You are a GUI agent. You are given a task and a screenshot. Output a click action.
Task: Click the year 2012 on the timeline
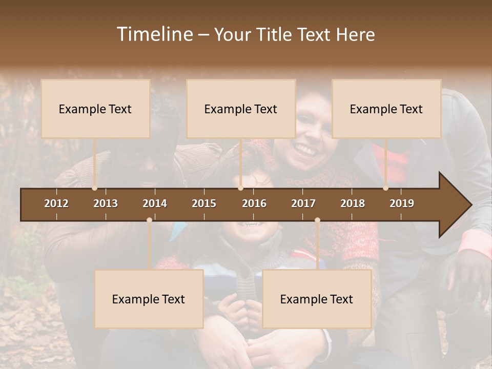pos(56,203)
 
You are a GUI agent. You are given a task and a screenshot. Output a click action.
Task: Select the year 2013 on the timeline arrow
pos(106,203)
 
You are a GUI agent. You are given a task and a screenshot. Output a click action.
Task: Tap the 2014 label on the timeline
pos(155,203)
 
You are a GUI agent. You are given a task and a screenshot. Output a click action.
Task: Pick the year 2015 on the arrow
pos(204,203)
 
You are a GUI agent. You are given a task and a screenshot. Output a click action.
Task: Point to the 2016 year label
pos(254,203)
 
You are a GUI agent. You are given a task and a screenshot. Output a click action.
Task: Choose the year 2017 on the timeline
pos(303,203)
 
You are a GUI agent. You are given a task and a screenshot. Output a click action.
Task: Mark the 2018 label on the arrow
pos(353,203)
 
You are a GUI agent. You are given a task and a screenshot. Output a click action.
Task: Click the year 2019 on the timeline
pos(402,203)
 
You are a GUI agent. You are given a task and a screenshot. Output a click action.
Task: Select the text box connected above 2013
pos(95,109)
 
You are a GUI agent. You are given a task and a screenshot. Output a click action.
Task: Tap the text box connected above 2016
pos(241,109)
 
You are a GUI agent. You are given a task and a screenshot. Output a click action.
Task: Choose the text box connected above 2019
pos(386,109)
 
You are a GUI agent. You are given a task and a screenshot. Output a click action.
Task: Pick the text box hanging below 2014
pos(149,299)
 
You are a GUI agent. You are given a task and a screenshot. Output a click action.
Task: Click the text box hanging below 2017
pos(317,299)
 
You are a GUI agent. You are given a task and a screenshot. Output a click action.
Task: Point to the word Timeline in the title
pos(154,34)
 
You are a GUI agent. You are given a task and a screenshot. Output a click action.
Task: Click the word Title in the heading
pos(275,34)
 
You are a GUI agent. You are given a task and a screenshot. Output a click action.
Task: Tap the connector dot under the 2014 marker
pos(149,220)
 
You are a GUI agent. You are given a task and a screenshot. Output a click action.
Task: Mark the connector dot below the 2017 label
pos(317,220)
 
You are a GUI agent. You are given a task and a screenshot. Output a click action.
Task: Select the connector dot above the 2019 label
pos(385,188)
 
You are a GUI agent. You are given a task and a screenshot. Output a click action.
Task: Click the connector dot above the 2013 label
pos(94,188)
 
